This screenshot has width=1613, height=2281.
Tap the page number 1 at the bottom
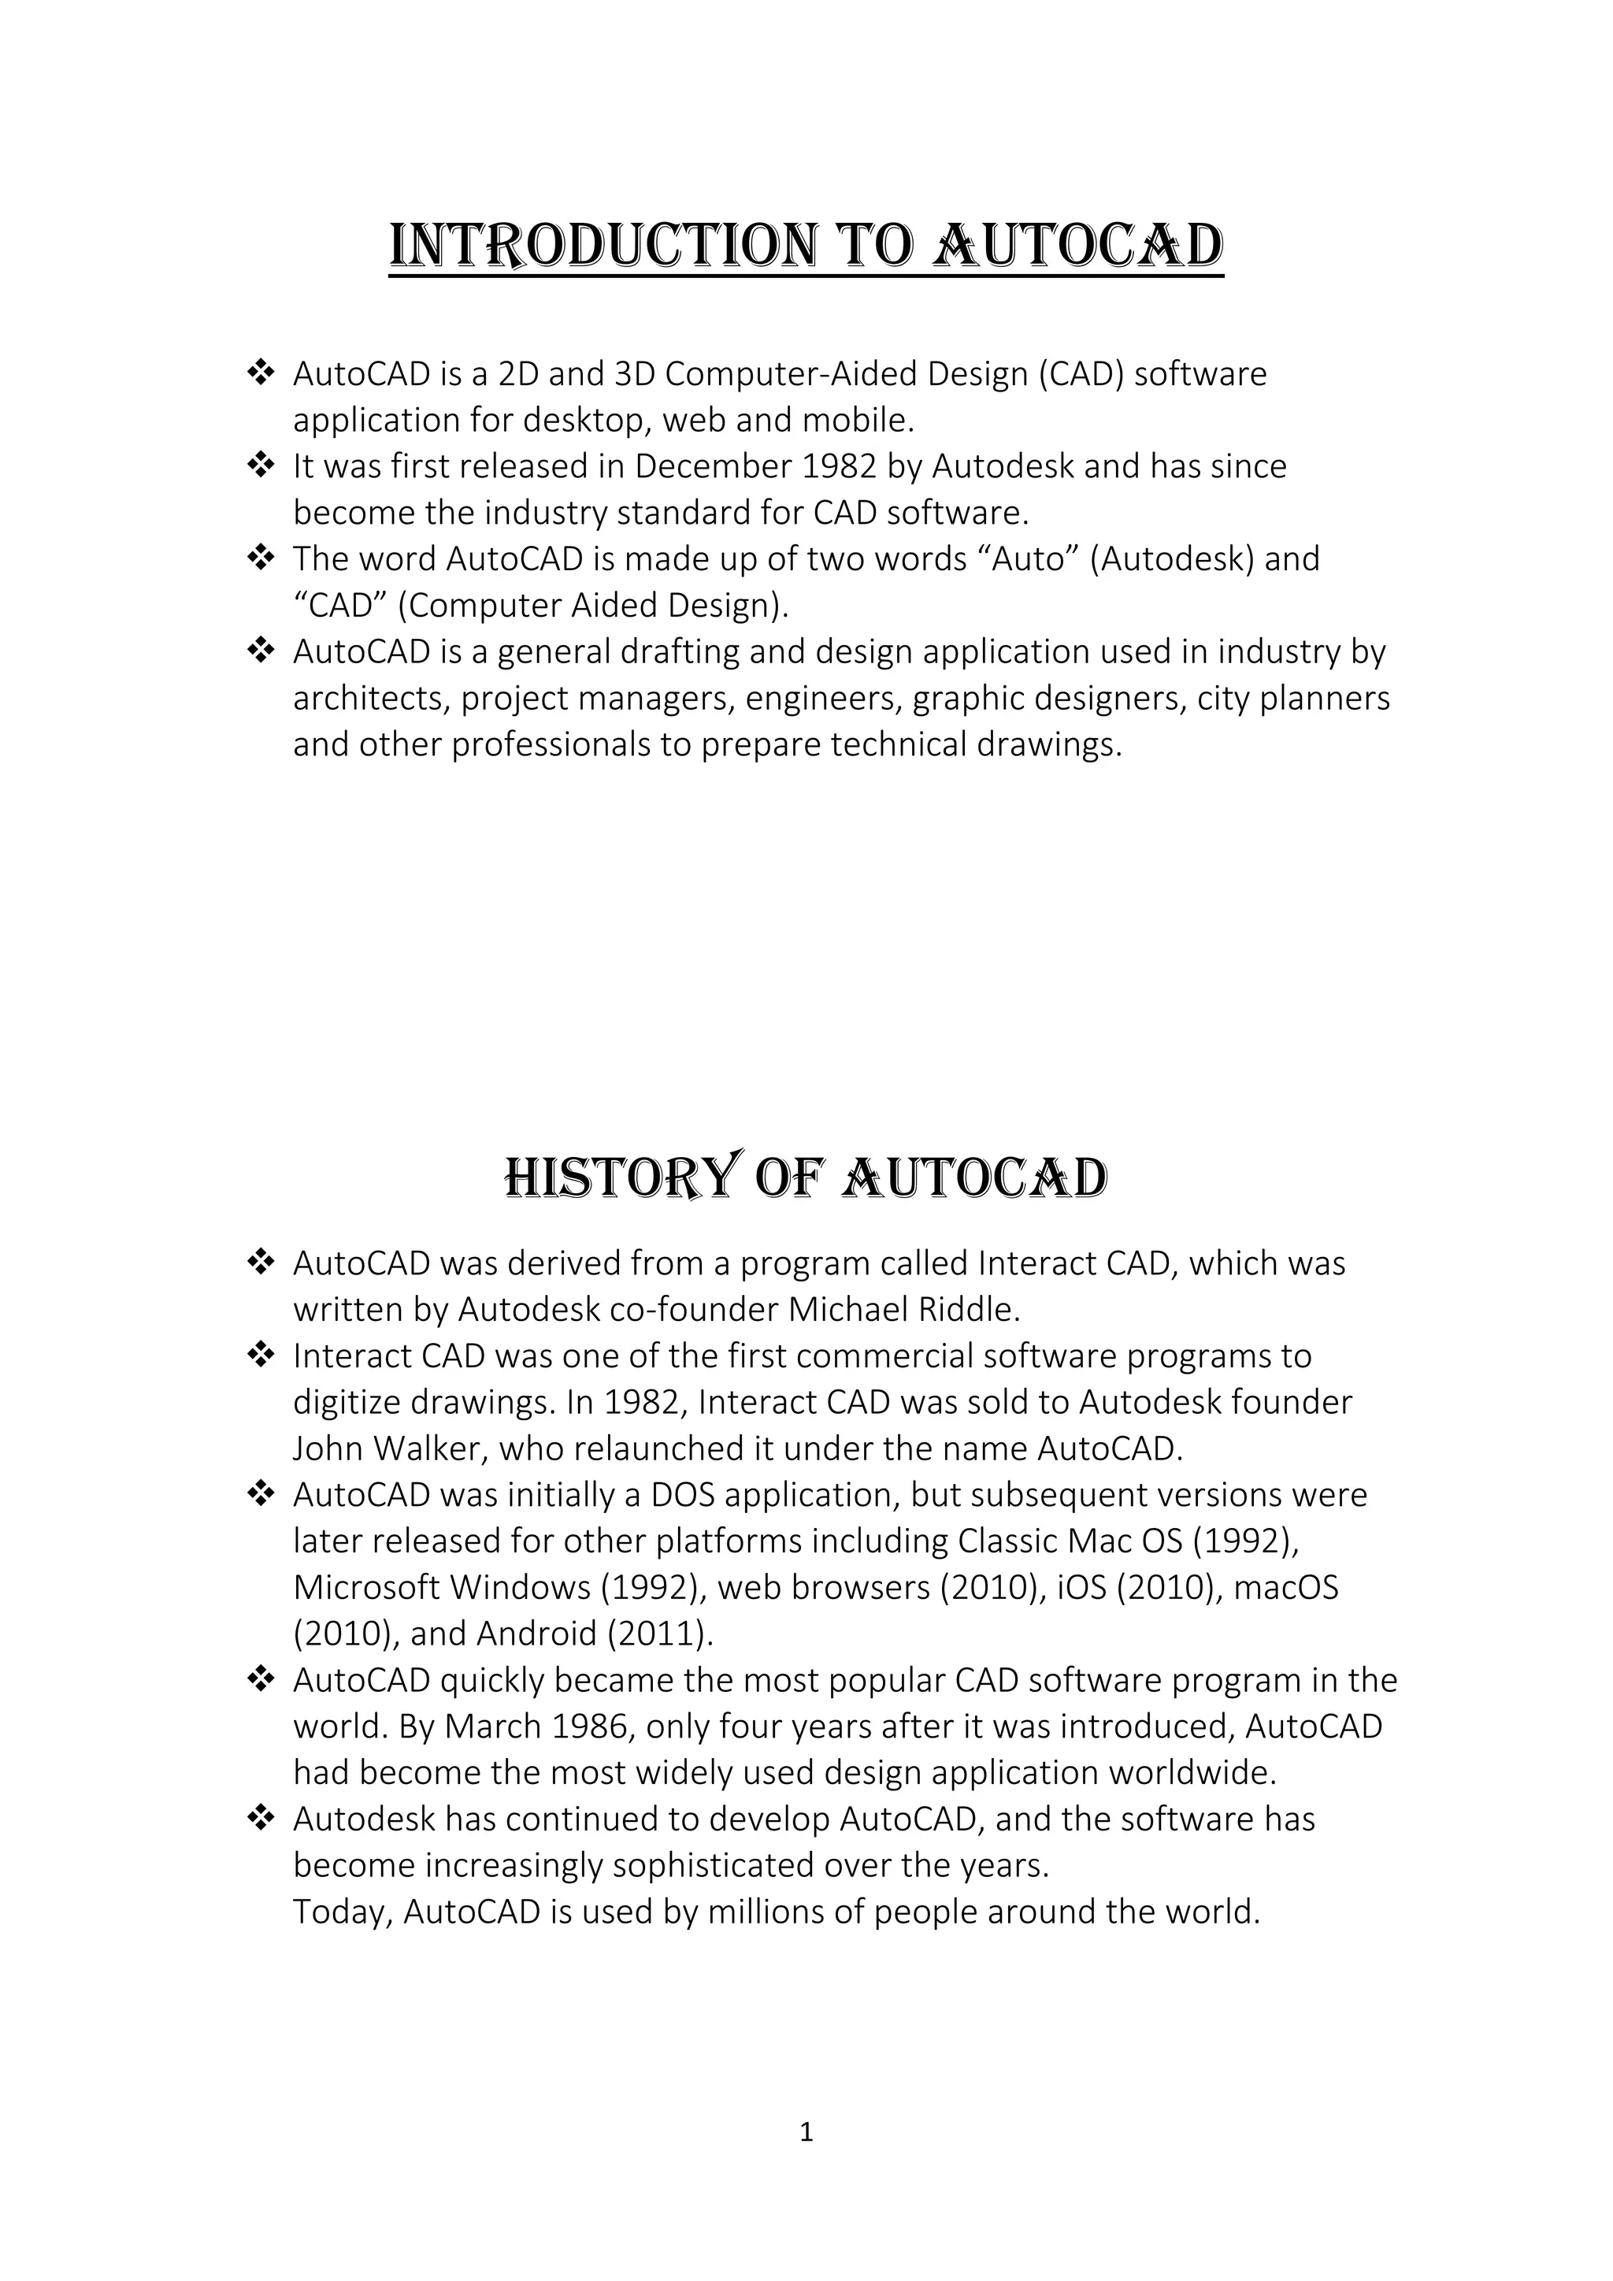(x=806, y=2132)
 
